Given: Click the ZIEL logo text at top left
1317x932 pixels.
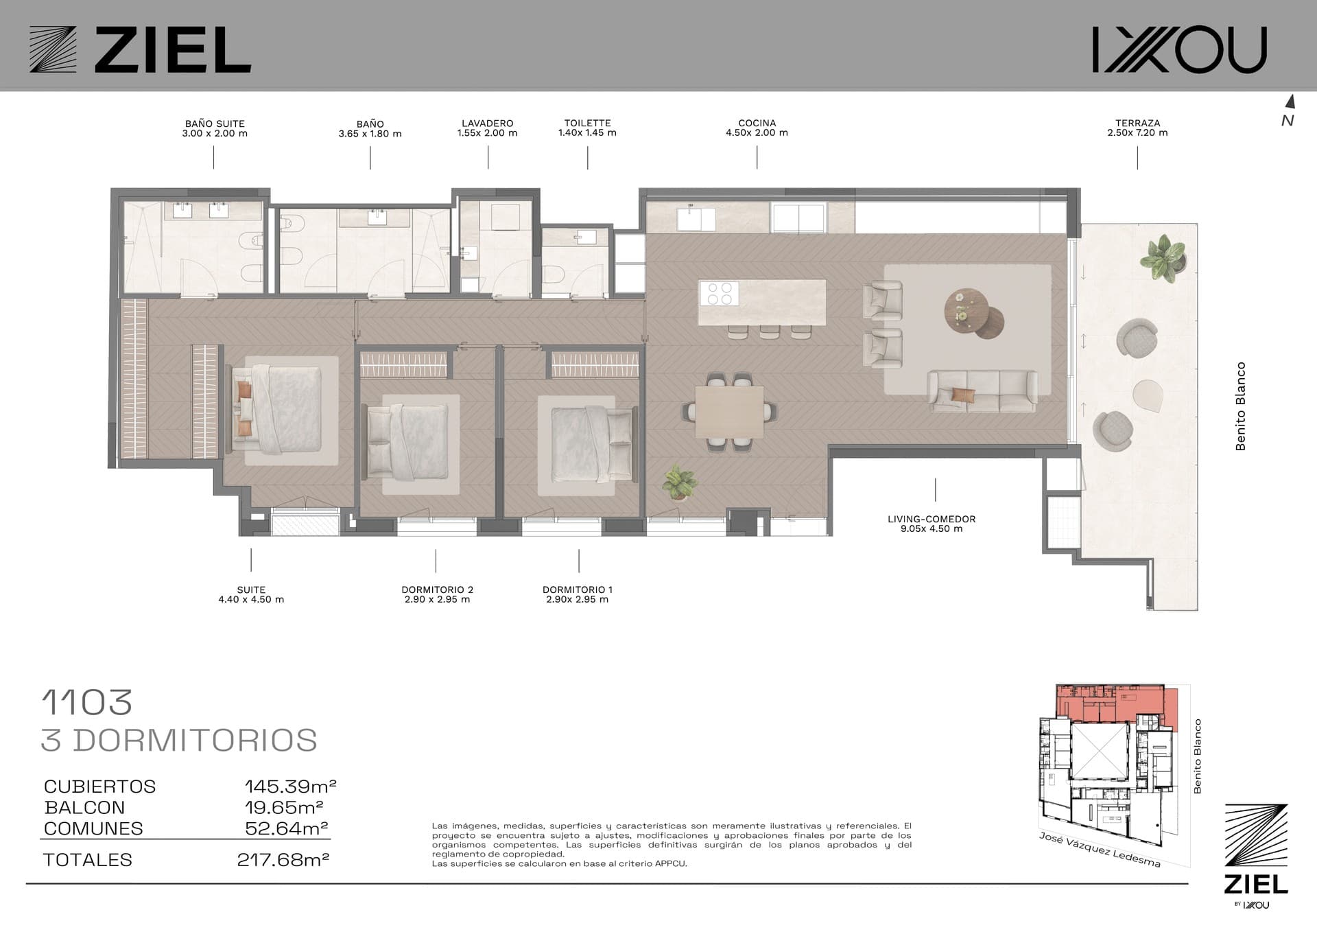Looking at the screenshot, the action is pos(172,49).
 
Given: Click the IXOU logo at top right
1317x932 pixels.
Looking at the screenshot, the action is pos(1179,49).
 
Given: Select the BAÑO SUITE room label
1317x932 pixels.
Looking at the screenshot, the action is pos(215,124).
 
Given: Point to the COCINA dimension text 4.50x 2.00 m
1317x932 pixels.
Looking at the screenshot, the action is pos(757,133).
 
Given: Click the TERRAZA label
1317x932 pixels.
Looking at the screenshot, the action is pos(1137,124).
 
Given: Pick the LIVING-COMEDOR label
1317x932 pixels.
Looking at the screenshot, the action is pos(932,519).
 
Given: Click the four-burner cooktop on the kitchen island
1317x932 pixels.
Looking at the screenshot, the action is pos(718,294).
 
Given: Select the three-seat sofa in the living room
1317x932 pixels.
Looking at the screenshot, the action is pos(982,391).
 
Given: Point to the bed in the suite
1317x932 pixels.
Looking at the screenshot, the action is pos(277,409).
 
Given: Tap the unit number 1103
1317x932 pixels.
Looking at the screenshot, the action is pos(87,702).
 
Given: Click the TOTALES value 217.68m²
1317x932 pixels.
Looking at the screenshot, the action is pos(283,859).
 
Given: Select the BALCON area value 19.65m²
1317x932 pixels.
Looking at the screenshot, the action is pos(284,807).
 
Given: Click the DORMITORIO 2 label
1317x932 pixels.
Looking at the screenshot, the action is pos(438,590).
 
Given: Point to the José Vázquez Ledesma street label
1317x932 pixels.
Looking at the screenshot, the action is pos(1100,850).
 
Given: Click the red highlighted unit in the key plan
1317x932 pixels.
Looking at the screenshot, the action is pos(1111,703).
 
